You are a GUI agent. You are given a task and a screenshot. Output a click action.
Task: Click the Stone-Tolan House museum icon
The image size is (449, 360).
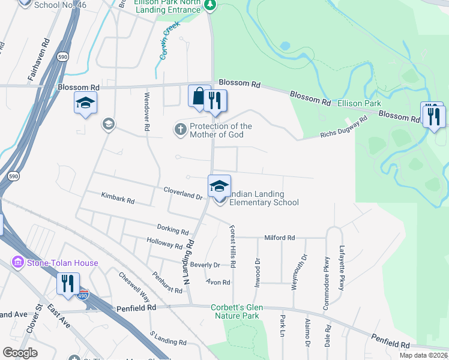click(17, 263)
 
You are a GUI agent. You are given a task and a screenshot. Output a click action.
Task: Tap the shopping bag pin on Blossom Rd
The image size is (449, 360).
click(198, 96)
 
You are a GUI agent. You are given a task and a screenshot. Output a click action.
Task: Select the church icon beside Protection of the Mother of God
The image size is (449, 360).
click(180, 129)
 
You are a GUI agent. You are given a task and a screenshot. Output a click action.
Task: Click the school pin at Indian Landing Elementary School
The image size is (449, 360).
click(219, 186)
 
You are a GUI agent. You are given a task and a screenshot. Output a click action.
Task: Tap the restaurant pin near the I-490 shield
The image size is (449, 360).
click(67, 283)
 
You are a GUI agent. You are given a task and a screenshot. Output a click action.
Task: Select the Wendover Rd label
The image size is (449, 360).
click(146, 112)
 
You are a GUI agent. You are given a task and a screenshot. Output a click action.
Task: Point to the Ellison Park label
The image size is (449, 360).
click(359, 103)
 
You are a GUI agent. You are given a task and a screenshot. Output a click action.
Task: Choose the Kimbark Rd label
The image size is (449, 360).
click(118, 198)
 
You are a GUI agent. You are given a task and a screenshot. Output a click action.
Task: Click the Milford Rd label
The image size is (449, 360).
click(280, 238)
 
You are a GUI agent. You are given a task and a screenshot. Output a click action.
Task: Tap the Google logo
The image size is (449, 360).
click(20, 353)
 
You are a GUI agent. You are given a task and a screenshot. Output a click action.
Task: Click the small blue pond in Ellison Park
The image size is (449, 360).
click(285, 46)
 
